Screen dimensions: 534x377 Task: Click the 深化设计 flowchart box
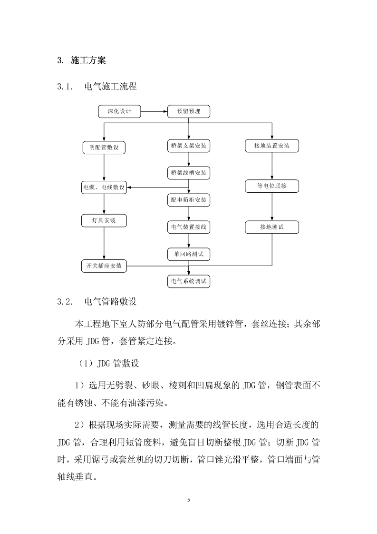tap(120, 111)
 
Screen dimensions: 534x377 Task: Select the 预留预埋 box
tap(189, 111)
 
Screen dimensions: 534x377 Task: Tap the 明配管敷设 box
tap(104, 148)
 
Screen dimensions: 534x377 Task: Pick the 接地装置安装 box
tap(272, 146)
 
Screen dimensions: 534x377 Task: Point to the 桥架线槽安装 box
tap(189, 173)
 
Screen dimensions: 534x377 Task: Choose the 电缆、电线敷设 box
tap(104, 188)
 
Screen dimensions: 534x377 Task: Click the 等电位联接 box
tap(272, 186)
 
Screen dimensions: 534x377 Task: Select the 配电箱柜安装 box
tap(189, 200)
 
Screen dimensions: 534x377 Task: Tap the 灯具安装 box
tap(104, 220)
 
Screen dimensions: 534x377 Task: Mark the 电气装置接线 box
tap(189, 227)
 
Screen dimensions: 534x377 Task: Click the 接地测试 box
tap(272, 227)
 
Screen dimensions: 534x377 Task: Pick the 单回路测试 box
tap(189, 255)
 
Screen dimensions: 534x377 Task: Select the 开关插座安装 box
tap(104, 266)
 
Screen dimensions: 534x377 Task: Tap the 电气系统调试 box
tap(189, 281)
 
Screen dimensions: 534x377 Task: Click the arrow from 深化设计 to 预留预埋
tap(155, 111)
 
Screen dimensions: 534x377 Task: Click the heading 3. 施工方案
tap(81, 60)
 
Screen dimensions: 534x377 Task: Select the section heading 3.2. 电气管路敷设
tap(98, 302)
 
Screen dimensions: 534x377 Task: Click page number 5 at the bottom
tap(189, 500)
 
